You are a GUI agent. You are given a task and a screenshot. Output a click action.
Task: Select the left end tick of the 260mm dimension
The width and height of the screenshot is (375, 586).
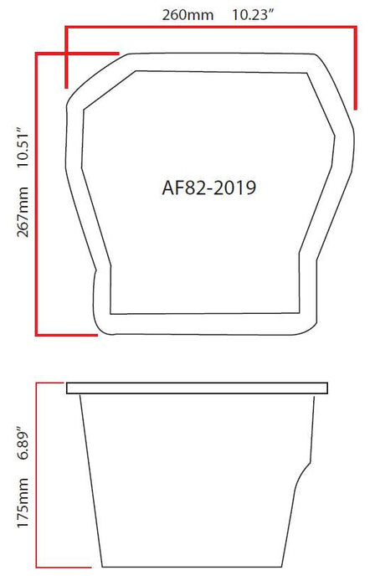click(x=66, y=59)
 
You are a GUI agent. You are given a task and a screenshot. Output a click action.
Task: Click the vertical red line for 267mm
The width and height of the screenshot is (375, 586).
click(x=36, y=193)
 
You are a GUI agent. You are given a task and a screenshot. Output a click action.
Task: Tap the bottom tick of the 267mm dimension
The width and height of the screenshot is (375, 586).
click(x=67, y=334)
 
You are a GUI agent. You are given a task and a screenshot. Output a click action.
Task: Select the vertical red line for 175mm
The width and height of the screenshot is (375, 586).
click(x=36, y=473)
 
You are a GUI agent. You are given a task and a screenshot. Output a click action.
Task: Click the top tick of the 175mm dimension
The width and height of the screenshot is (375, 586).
click(x=50, y=383)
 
